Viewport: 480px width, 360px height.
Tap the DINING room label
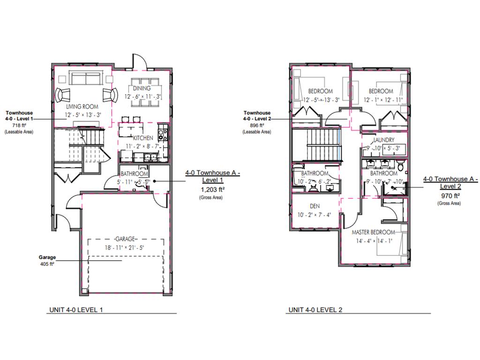[x=142, y=88]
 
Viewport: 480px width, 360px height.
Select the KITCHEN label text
[x=142, y=138]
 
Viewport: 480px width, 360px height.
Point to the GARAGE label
[x=126, y=239]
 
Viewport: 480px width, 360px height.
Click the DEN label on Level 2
[x=315, y=206]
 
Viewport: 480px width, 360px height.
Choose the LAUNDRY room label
[x=384, y=140]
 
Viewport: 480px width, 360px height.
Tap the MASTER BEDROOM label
[x=373, y=232]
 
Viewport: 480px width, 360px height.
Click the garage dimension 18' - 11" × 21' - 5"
[x=126, y=247]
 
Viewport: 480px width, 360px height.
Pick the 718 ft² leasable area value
[x=19, y=126]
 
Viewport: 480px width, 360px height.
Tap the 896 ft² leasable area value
[x=257, y=126]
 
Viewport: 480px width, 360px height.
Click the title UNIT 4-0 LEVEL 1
[x=76, y=310]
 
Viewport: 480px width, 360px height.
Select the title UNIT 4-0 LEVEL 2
[x=316, y=310]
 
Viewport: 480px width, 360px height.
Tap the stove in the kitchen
[x=162, y=135]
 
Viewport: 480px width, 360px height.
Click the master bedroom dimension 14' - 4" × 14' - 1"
[x=373, y=241]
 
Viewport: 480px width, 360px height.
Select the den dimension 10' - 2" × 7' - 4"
[x=315, y=215]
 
